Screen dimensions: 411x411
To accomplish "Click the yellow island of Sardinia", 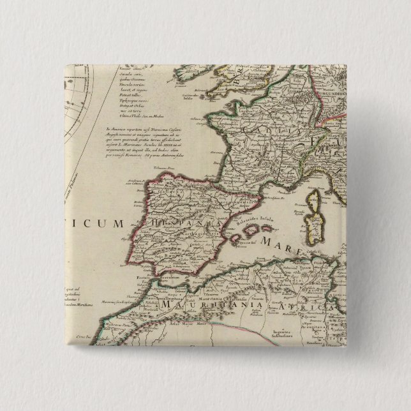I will (x=313, y=223).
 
